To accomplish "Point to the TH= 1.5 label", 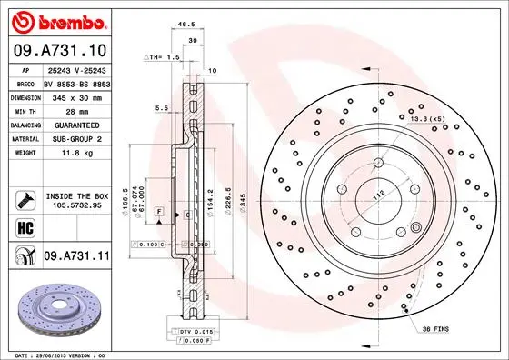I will (x=164, y=57).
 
